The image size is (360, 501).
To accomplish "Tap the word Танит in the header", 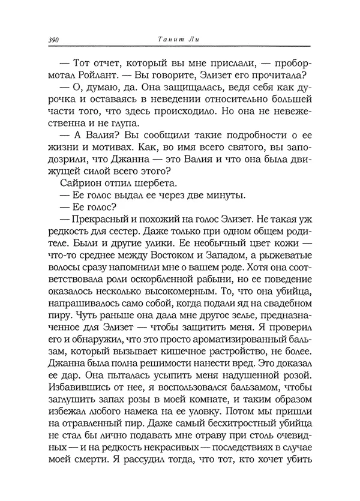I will click(167, 40).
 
